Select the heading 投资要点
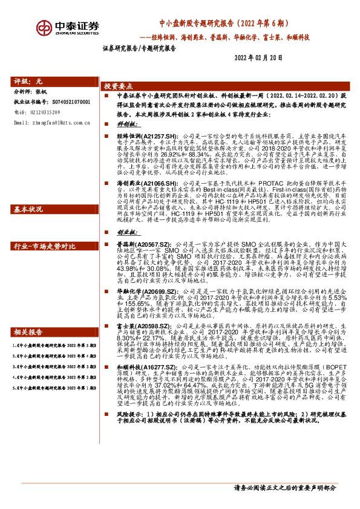[x=119, y=86]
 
